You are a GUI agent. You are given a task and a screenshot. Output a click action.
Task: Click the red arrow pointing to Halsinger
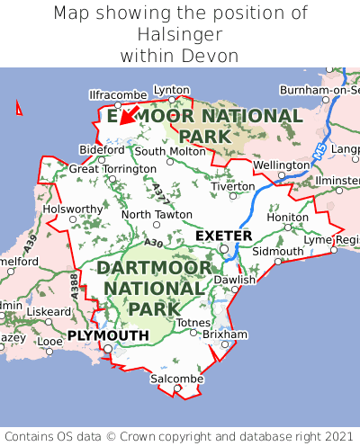128,114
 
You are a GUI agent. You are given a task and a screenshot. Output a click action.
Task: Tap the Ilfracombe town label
117,94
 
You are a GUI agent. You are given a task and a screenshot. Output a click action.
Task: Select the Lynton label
172,90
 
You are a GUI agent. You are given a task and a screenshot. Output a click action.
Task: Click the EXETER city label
224,236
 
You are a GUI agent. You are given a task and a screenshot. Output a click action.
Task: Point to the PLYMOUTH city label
108,335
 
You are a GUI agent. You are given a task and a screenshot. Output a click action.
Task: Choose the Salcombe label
176,379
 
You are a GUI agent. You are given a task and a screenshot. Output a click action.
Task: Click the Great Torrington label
112,169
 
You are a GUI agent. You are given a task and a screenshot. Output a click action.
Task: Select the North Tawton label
157,215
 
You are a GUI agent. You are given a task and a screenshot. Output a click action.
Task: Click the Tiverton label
233,186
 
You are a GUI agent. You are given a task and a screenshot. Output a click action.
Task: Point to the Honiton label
288,217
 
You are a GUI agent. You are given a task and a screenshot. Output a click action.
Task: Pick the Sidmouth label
272,251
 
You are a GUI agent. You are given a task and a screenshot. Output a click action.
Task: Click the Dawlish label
235,280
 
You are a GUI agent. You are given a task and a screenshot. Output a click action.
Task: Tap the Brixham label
224,334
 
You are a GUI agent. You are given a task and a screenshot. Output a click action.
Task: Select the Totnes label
193,322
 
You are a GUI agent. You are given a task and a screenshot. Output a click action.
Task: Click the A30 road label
153,242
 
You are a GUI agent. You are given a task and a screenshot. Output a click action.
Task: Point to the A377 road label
158,191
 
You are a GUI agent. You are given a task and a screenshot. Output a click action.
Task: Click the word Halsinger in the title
180,34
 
